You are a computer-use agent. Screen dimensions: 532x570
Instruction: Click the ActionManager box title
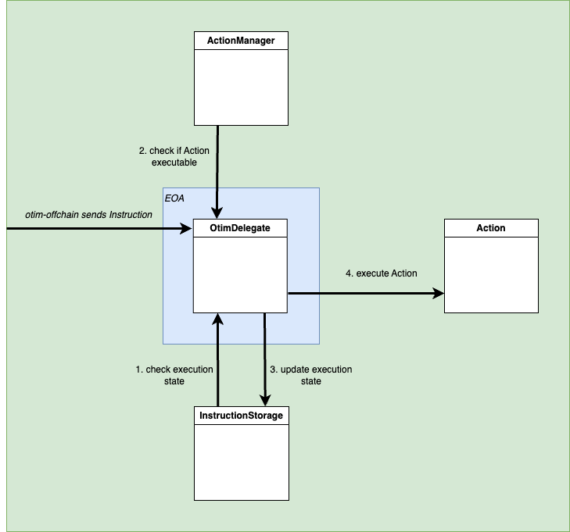pos(241,41)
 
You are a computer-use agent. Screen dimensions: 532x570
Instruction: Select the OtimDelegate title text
pos(241,228)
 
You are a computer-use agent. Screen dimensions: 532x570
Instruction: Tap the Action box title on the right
pos(491,228)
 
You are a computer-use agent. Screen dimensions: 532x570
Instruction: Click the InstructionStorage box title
pos(241,416)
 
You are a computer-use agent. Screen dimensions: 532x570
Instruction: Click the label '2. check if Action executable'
pos(174,156)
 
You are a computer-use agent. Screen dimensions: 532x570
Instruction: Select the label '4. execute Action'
pos(381,273)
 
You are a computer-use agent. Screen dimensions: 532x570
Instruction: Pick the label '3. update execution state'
pos(310,375)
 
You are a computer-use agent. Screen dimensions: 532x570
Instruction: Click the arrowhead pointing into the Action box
pos(438,294)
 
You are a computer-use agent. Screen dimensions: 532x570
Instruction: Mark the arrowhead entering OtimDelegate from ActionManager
pos(217,213)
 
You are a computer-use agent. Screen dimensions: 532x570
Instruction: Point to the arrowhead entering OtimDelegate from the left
pos(188,229)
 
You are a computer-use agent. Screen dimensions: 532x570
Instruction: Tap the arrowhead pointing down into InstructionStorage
pos(264,401)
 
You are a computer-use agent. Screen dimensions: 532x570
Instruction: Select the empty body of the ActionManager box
pos(241,86)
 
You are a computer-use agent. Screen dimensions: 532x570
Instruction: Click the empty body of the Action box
pos(491,273)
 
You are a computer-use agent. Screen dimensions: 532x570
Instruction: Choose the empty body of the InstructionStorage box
pos(241,461)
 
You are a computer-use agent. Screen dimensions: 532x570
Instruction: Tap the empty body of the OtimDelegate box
pos(241,273)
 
